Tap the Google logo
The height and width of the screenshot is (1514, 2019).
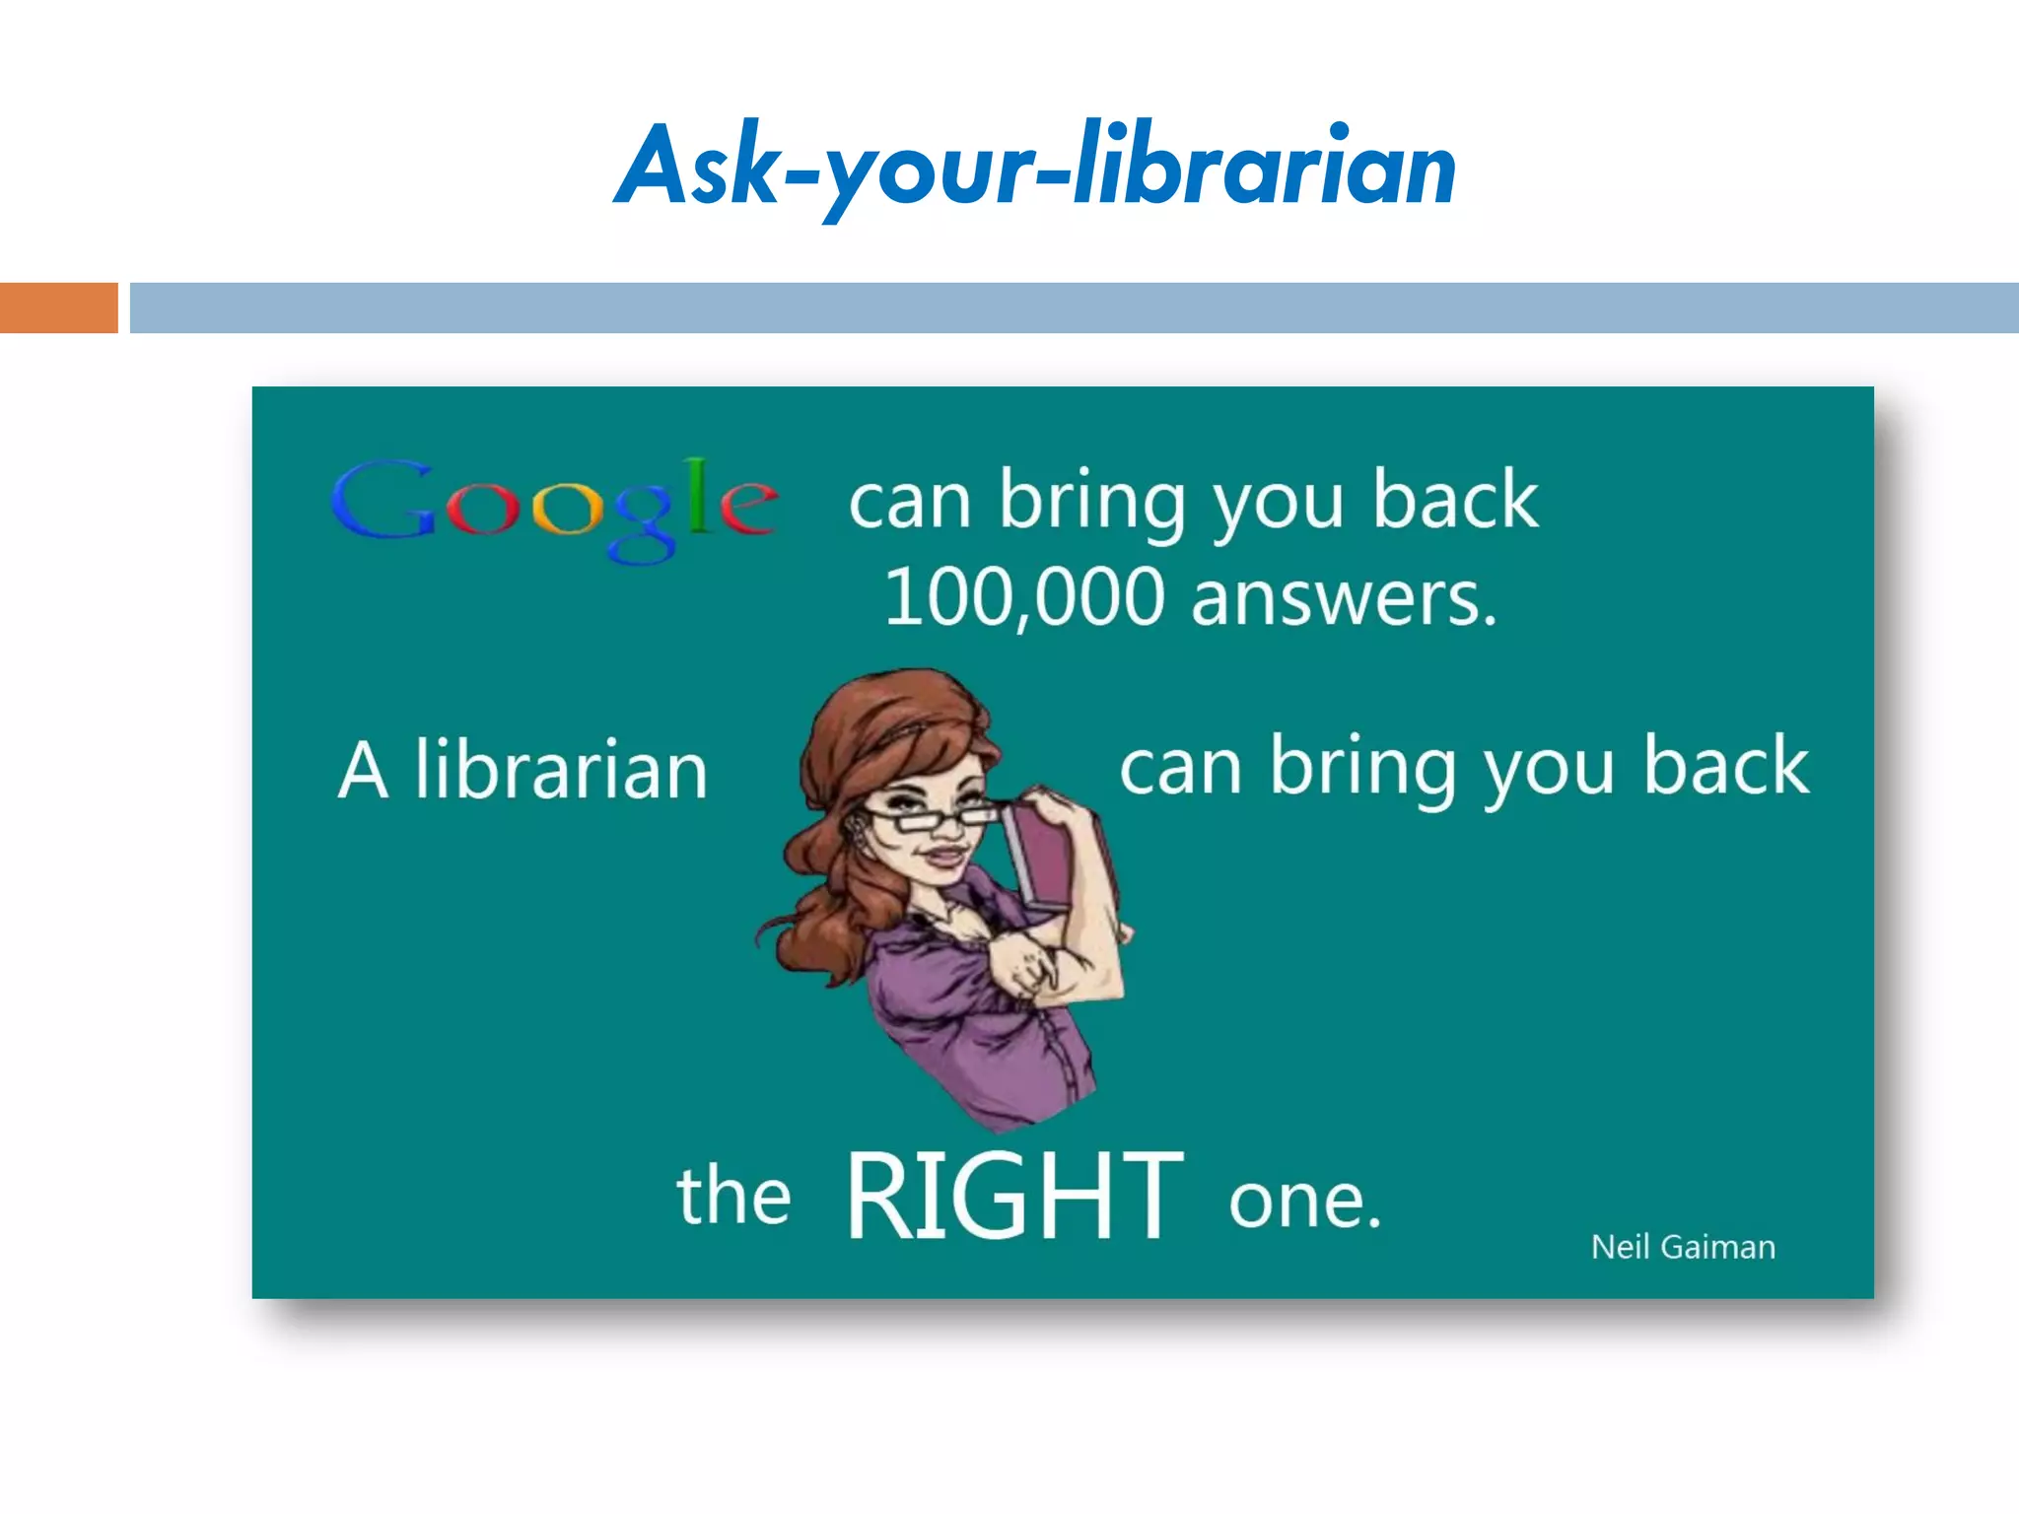[x=555, y=508]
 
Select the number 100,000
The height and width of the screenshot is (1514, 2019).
[x=1025, y=598]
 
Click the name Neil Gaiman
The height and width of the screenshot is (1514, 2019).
[x=1683, y=1247]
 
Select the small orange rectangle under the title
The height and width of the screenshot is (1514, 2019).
[x=58, y=308]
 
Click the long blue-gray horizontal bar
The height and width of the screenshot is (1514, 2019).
[x=1074, y=308]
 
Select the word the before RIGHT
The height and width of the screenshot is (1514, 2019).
[x=733, y=1195]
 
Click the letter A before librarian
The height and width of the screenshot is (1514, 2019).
[x=363, y=770]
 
